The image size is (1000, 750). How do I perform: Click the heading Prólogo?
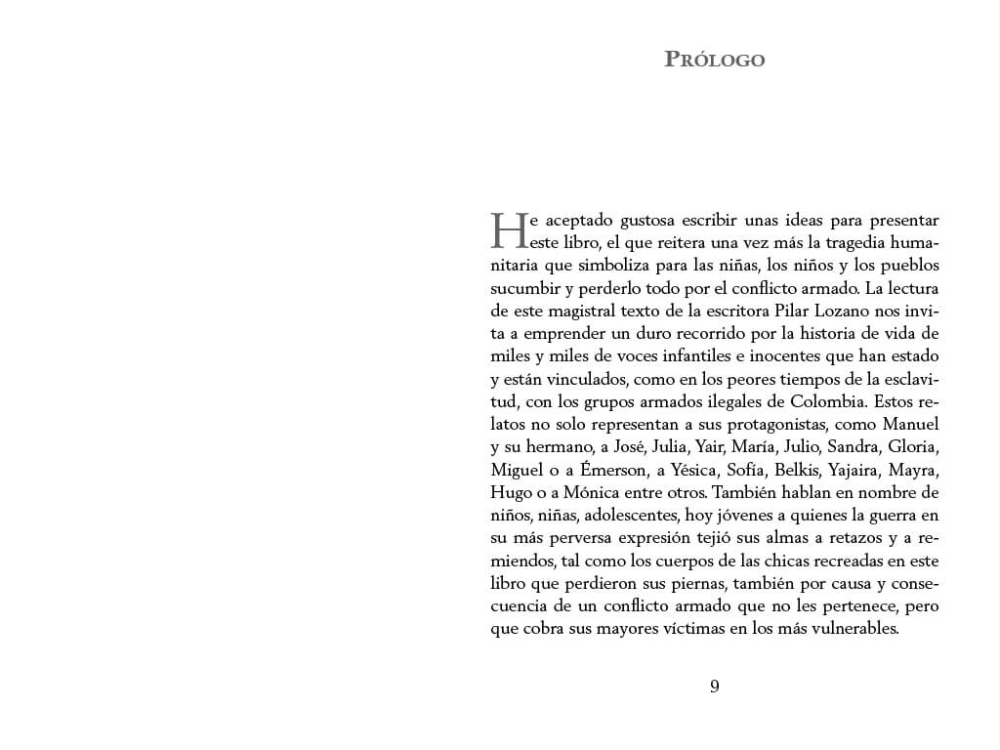coord(714,60)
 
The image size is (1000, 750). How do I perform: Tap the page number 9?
coord(715,687)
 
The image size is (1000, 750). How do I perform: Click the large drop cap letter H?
coord(508,231)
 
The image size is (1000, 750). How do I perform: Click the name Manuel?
coord(910,424)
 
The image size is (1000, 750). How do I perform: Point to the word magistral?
coord(578,311)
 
